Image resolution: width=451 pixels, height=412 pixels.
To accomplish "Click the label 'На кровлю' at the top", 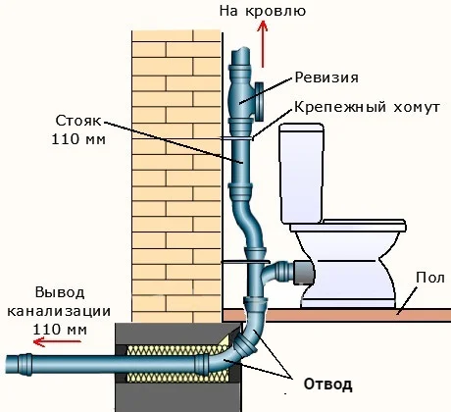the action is pos(263,11).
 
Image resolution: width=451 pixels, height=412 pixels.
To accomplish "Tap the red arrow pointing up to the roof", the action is pos(262,44).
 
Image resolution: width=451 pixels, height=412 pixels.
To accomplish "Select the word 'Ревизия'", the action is pos(326,77).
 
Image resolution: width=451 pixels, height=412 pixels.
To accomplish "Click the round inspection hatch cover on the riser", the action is pos(260,102).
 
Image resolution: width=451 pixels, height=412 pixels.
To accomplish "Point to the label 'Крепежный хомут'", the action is pos(367,107).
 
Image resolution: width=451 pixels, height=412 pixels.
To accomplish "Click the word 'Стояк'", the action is pos(78,121).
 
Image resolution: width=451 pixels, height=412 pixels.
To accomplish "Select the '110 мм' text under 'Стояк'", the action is pos(78,139).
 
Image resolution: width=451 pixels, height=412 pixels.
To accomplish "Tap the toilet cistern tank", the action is pos(302,173).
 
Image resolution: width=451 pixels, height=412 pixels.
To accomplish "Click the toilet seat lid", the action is pos(348,226).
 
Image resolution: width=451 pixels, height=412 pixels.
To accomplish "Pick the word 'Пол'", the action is pos(430,278).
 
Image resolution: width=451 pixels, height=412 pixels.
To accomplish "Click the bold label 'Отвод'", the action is pos(327,384).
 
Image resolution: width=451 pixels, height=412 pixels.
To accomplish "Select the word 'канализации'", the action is pos(59,311).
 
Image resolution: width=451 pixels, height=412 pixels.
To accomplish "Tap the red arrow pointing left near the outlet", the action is pos(57,342).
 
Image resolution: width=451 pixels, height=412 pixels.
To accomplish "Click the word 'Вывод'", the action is pos(60,292).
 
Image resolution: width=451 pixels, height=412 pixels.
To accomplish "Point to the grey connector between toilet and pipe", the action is pos(304,273).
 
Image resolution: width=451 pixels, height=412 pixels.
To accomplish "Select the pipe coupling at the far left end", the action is pos(25,364).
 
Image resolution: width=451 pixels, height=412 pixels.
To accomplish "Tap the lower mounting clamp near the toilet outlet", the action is pos(246,262).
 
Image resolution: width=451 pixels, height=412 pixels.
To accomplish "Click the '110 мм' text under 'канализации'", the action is pos(60,330).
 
